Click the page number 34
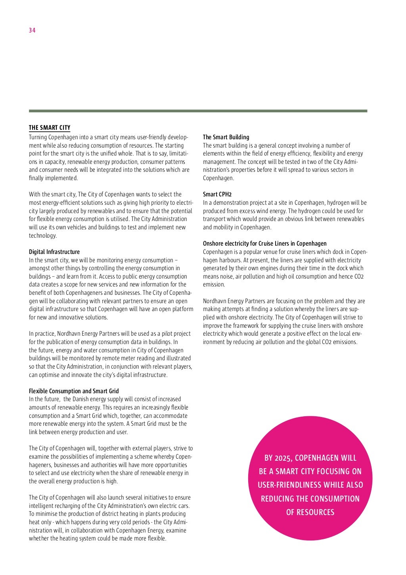pyautogui.click(x=32, y=30)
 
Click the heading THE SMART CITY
pyautogui.click(x=50, y=128)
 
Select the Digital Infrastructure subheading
pyautogui.click(x=54, y=252)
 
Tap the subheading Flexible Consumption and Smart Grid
pyautogui.click(x=74, y=391)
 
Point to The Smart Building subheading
pyautogui.click(x=226, y=137)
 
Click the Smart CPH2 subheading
pyautogui.click(x=217, y=194)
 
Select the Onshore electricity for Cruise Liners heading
pyautogui.click(x=265, y=244)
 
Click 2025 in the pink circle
pyautogui.click(x=284, y=458)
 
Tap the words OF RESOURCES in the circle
pyautogui.click(x=310, y=512)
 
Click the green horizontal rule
pyautogui.click(x=198, y=111)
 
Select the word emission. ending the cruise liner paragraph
pyautogui.click(x=214, y=285)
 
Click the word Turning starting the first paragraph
pyautogui.click(x=38, y=137)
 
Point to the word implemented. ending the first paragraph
pyautogui.click(x=54, y=178)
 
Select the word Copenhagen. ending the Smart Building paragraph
pyautogui.click(x=218, y=178)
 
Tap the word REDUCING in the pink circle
pyautogui.click(x=279, y=499)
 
